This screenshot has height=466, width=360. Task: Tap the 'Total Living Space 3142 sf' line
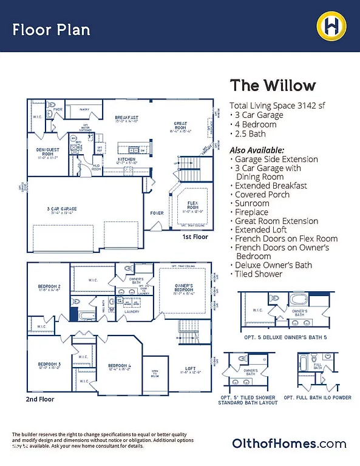point(277,105)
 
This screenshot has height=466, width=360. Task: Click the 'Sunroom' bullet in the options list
point(251,203)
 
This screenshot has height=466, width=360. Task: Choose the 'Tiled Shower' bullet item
point(258,274)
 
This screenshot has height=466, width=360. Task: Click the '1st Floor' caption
point(194,237)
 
